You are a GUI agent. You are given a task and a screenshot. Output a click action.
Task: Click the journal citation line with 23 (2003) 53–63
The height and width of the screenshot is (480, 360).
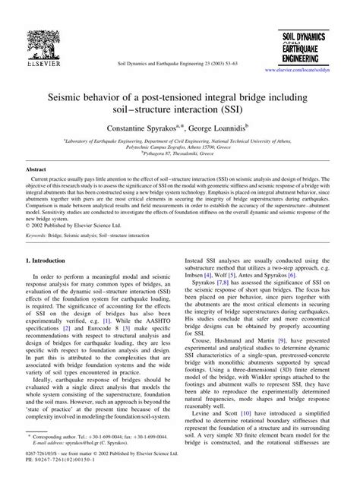pos(177,68)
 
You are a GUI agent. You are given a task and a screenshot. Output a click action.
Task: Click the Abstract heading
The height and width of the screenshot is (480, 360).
pos(37,169)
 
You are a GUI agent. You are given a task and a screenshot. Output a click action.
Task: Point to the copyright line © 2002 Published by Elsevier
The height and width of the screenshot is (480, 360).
pos(79,226)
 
